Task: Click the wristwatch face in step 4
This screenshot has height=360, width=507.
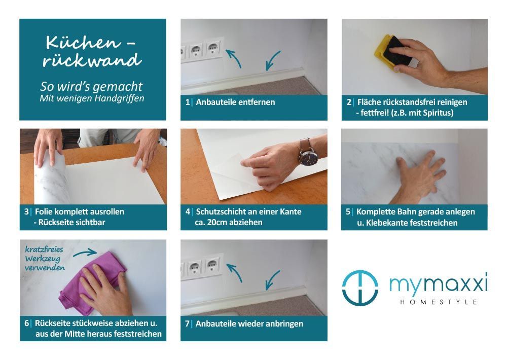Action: click(x=308, y=157)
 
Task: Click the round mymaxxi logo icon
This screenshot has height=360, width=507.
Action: click(x=360, y=288)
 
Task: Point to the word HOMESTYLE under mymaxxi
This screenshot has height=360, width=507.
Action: click(x=439, y=302)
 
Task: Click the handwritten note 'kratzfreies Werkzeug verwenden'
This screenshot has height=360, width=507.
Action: click(x=45, y=259)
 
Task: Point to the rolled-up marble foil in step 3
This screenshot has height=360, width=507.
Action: click(x=52, y=177)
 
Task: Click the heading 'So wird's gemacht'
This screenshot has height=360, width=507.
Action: click(x=91, y=87)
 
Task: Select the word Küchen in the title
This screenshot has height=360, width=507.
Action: click(x=84, y=43)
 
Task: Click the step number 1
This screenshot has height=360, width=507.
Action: click(x=187, y=102)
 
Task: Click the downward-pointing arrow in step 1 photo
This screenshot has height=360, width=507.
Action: click(x=273, y=60)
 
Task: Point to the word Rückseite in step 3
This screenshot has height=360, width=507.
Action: click(x=56, y=223)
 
